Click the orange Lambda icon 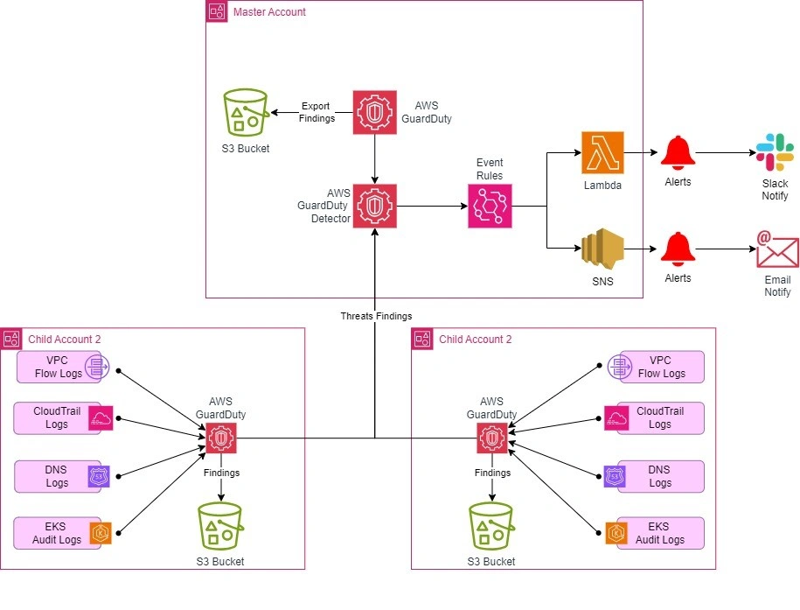(x=603, y=152)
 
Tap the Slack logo (x=775, y=152)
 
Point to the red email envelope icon (x=777, y=249)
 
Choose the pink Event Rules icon (x=490, y=207)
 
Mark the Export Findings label (x=317, y=112)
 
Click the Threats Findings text (x=376, y=316)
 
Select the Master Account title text (x=269, y=12)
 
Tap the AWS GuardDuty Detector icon (x=375, y=207)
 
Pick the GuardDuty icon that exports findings (x=375, y=113)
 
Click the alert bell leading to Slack (x=677, y=152)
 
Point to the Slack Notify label (x=775, y=190)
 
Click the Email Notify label (x=777, y=286)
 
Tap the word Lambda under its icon (x=603, y=186)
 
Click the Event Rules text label (x=490, y=169)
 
